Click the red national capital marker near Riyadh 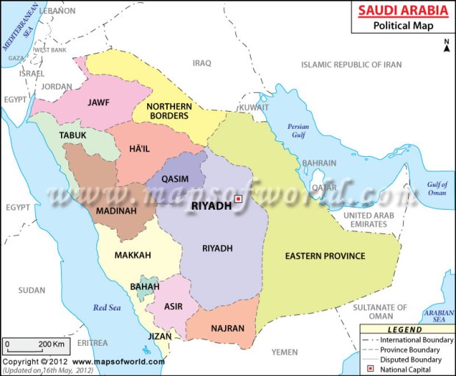[238, 199]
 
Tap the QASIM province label [175, 179]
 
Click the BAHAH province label [143, 286]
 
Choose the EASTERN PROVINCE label [325, 255]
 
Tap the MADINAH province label [115, 210]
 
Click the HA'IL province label [139, 149]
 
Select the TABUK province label [73, 135]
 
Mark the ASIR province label [174, 306]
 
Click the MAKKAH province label [132, 255]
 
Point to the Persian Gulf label [298, 131]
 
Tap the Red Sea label [105, 308]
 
